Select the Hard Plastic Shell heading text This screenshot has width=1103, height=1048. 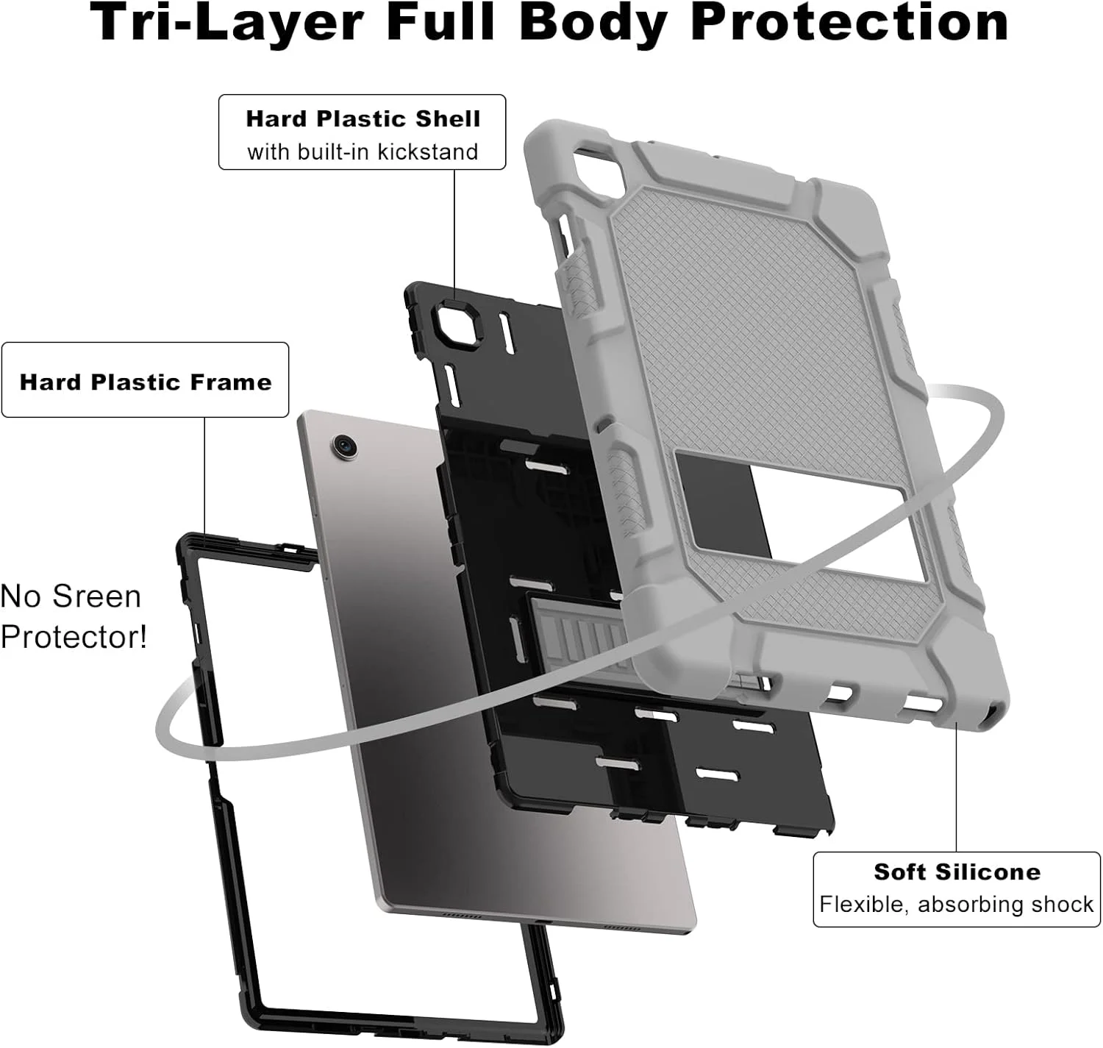[x=363, y=118]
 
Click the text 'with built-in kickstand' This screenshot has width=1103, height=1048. [x=363, y=152]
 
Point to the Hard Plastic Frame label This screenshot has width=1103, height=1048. [x=146, y=382]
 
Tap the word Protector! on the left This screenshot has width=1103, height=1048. [x=74, y=637]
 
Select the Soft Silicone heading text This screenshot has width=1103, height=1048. [x=957, y=871]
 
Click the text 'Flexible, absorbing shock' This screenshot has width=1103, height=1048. [x=957, y=905]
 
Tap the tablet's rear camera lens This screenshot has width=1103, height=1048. [x=344, y=446]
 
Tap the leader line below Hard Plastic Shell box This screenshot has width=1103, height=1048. [x=454, y=236]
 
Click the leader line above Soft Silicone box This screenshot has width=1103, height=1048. [x=957, y=791]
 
